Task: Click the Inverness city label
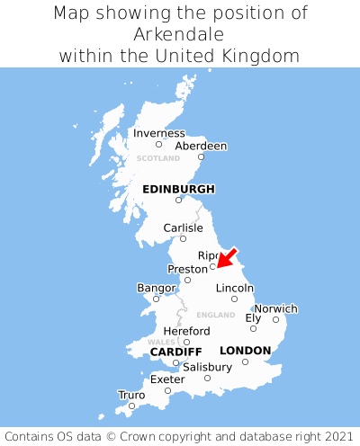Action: [158, 133]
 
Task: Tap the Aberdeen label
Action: [201, 146]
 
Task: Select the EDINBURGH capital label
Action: [178, 189]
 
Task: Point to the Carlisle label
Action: [183, 227]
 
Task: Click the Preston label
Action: [187, 269]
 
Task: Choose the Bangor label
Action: [156, 288]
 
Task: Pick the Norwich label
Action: [275, 308]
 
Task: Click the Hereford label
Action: [186, 331]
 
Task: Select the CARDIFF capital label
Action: [175, 351]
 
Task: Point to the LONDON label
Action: [245, 350]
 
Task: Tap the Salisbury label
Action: [207, 367]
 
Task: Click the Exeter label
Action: [167, 379]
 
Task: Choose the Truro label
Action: [131, 394]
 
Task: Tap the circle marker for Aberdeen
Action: [201, 157]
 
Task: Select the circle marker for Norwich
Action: [275, 319]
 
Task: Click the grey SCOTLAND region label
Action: [158, 158]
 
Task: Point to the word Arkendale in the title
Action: [180, 34]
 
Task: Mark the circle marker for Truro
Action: [131, 406]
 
